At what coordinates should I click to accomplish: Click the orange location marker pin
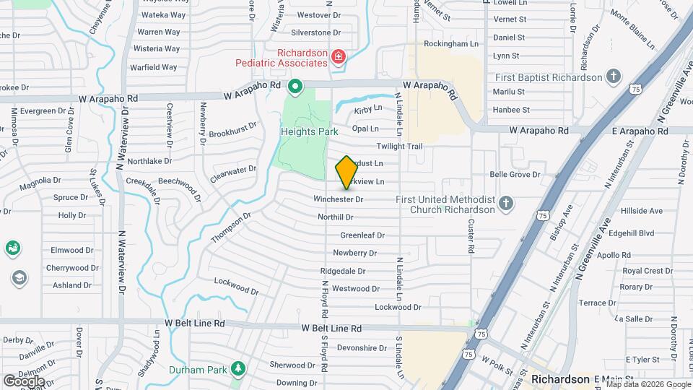(x=346, y=172)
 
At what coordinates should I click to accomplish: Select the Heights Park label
(x=310, y=132)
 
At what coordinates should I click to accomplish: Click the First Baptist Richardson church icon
(x=614, y=77)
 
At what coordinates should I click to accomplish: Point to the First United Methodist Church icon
(x=506, y=203)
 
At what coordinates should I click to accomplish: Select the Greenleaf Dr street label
(x=362, y=235)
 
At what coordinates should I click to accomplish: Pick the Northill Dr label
(x=335, y=217)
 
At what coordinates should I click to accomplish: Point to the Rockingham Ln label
(x=451, y=44)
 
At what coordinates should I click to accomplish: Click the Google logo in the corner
(x=24, y=381)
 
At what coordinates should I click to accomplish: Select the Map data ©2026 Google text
(x=648, y=384)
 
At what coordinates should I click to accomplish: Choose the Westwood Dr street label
(x=356, y=289)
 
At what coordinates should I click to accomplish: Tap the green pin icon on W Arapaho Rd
(x=295, y=88)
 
